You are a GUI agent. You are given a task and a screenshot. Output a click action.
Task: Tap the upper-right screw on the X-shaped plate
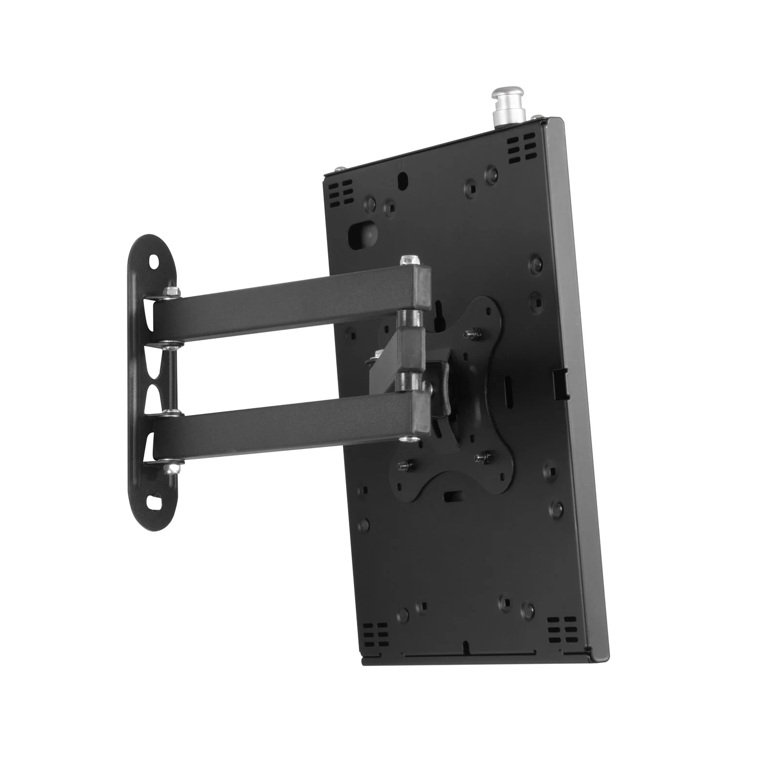[x=471, y=332]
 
